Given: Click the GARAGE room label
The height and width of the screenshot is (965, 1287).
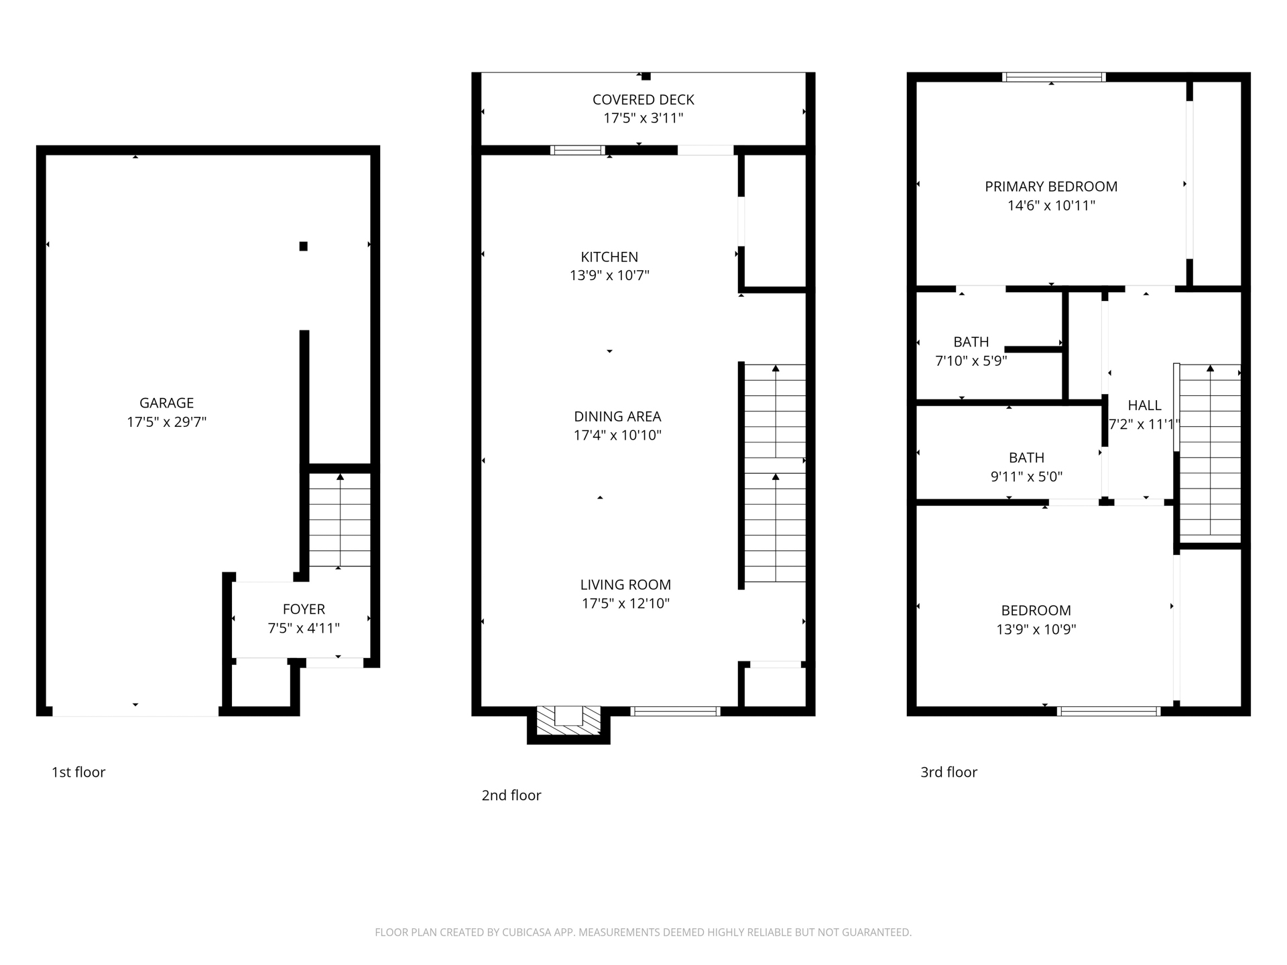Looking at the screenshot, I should tap(166, 403).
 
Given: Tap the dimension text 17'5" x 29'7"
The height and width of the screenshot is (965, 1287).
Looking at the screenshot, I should tap(166, 422).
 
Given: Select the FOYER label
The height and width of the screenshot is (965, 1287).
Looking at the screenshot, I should tap(304, 609).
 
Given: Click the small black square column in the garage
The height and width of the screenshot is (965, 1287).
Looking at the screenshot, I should tap(304, 246).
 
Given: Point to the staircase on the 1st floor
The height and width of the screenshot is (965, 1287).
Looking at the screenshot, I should tap(340, 520).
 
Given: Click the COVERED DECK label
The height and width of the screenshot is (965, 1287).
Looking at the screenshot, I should tap(643, 100).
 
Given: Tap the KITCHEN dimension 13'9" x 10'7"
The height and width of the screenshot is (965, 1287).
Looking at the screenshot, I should tap(609, 275).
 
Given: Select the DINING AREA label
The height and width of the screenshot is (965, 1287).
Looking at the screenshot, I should tap(617, 416).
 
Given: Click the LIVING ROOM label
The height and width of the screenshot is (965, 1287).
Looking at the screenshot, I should tap(625, 584).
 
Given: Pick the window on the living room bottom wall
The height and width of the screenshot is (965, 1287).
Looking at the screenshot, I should tap(675, 711).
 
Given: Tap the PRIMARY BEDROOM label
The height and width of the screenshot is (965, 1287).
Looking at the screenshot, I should tap(1050, 186).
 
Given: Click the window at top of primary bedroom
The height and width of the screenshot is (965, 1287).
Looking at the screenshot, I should tap(1053, 77).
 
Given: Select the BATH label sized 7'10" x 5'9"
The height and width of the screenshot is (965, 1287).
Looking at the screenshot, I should tap(971, 342).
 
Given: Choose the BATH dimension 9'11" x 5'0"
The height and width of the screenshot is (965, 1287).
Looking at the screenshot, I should tap(1026, 476).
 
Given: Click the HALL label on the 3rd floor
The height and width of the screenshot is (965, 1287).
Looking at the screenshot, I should tap(1144, 405).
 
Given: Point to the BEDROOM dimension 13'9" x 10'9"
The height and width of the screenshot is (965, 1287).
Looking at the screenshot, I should tap(1036, 629).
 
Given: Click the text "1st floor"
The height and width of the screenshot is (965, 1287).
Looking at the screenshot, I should tap(78, 772).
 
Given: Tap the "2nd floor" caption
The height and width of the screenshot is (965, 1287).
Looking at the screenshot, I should tap(511, 795).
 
